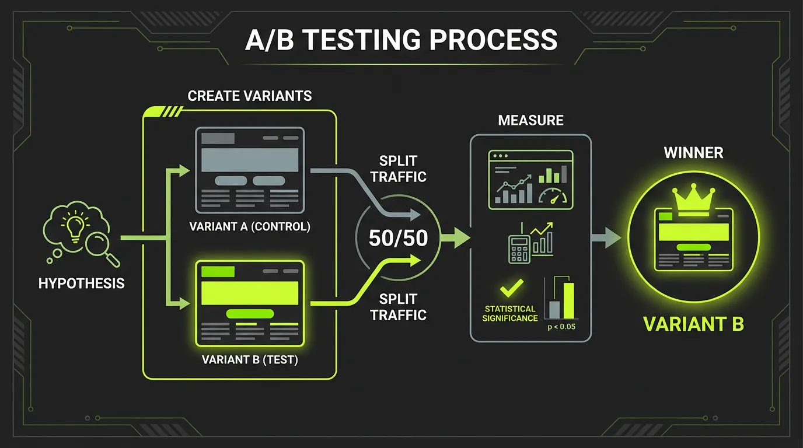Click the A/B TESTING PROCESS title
401,40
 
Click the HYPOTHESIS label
81,284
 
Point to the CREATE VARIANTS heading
250,96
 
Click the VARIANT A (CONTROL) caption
250,227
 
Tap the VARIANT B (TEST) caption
250,360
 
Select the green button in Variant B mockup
250,314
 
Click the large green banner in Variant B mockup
250,293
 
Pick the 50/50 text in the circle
399,238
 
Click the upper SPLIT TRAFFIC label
403,169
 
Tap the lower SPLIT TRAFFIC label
403,307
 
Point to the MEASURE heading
530,121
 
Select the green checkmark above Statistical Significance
511,288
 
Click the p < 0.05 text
561,327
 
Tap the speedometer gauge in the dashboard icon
552,197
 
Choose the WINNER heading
693,153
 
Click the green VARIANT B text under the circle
693,324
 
